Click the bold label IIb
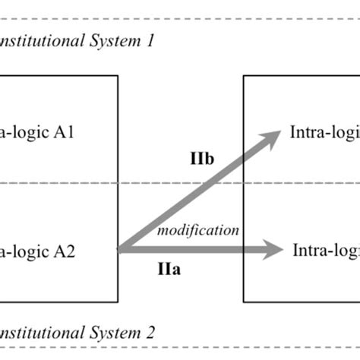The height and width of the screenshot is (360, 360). point(203,159)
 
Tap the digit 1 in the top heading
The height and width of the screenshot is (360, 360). point(150,42)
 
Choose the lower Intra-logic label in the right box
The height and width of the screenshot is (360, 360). point(326,248)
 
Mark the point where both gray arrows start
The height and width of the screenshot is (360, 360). point(120,248)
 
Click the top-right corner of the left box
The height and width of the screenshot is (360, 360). point(118,75)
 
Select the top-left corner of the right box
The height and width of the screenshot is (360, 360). point(243,75)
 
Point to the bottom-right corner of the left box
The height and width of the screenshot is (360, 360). point(118,302)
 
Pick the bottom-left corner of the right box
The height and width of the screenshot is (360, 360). point(243,302)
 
